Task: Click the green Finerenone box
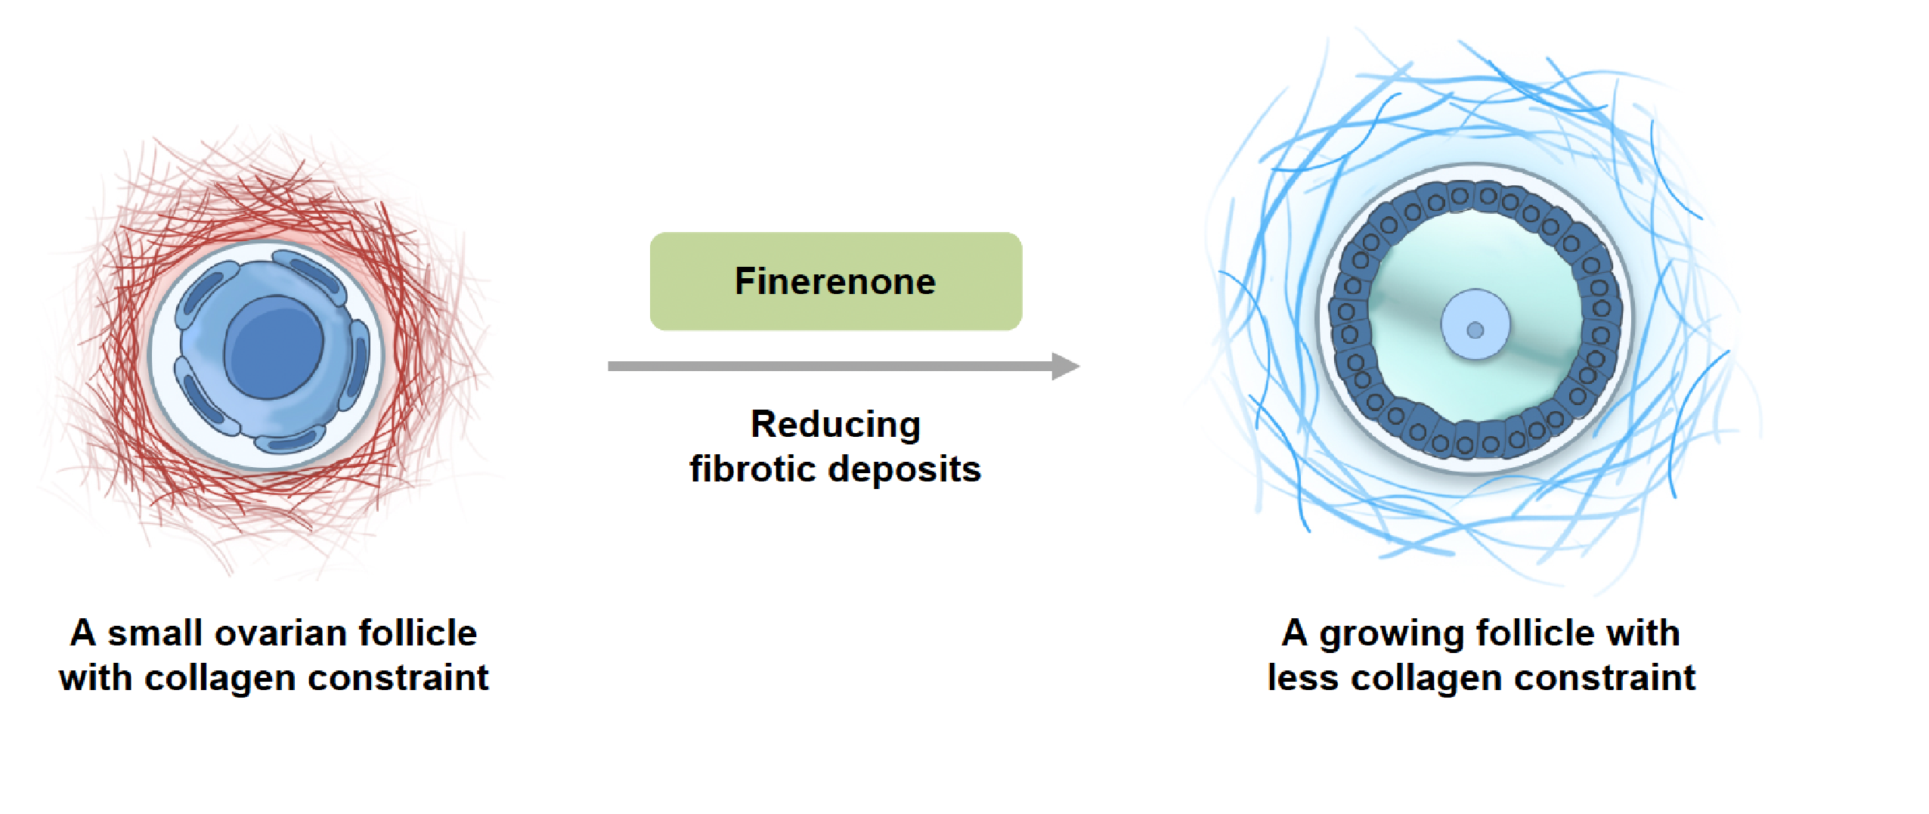pos(835,281)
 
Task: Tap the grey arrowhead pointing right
pos(1066,367)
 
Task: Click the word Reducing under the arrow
pos(835,425)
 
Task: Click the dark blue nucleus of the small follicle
pos(274,347)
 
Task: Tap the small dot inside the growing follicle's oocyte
pos(1475,330)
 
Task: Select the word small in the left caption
pos(154,633)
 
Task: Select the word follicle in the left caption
pos(418,633)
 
